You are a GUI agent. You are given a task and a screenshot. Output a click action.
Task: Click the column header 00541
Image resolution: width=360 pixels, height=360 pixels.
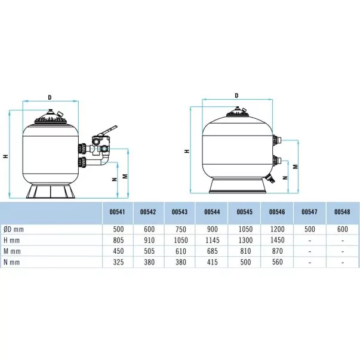117,212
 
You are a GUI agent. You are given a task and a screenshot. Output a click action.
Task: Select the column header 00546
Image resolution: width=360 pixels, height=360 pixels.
277,212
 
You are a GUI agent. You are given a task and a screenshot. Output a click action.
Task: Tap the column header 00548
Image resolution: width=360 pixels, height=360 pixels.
342,212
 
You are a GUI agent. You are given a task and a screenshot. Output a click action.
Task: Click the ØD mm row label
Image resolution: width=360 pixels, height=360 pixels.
14,229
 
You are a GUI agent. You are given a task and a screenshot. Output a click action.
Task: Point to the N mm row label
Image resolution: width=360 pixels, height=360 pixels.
11,262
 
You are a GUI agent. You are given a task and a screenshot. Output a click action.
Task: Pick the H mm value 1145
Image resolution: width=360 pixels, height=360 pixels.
213,240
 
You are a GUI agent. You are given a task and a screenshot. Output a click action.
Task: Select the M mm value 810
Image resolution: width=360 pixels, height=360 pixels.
245,251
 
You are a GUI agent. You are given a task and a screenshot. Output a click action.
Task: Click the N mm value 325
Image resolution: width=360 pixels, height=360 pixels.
118,262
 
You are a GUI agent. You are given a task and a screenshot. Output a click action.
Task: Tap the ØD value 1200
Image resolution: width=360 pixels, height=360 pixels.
278,229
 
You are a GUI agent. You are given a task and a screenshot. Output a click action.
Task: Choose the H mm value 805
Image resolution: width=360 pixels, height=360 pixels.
118,240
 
